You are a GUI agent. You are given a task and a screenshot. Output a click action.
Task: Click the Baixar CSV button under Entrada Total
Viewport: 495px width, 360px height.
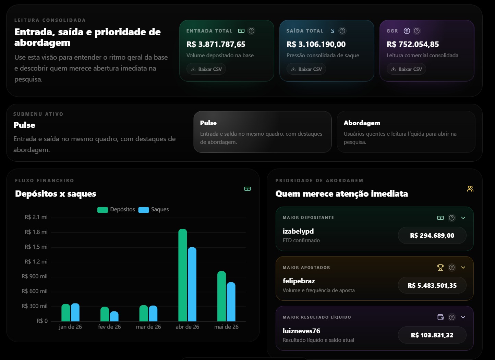206,69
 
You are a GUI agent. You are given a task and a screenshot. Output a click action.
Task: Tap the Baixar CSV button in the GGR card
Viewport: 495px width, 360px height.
406,69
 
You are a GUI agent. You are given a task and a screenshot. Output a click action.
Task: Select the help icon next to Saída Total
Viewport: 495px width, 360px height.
342,31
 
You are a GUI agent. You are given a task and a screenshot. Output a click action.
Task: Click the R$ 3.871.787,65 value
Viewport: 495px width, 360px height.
216,44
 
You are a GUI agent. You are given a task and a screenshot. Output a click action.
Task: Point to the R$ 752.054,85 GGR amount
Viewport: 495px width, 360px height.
413,44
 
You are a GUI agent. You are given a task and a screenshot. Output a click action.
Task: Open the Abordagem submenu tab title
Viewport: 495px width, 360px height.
362,123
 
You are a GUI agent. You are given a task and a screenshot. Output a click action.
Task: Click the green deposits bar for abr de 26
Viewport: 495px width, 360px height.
182,275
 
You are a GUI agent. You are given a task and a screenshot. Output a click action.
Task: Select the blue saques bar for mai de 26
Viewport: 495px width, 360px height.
231,302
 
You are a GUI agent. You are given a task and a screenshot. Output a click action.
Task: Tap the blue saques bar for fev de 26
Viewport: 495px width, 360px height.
114,316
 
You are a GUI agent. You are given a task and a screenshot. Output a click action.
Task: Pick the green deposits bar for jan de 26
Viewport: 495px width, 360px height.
65,312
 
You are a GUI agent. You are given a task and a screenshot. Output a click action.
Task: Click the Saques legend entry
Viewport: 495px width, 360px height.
154,209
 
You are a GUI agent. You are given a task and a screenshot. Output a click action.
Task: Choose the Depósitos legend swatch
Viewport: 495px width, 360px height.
102,210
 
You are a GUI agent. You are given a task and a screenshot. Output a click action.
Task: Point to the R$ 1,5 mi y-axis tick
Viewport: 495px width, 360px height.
36,247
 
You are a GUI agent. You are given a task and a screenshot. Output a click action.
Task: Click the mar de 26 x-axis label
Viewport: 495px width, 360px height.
148,327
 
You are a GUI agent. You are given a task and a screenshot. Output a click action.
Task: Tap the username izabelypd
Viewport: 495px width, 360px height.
298,231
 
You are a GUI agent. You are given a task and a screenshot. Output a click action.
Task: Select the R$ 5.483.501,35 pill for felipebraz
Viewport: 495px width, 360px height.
432,285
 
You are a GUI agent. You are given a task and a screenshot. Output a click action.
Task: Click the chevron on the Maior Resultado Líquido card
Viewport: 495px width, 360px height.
463,317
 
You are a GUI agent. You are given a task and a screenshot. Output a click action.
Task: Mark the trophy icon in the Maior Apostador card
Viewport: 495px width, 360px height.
440,268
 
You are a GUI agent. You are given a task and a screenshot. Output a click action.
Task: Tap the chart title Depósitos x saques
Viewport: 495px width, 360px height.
56,194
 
